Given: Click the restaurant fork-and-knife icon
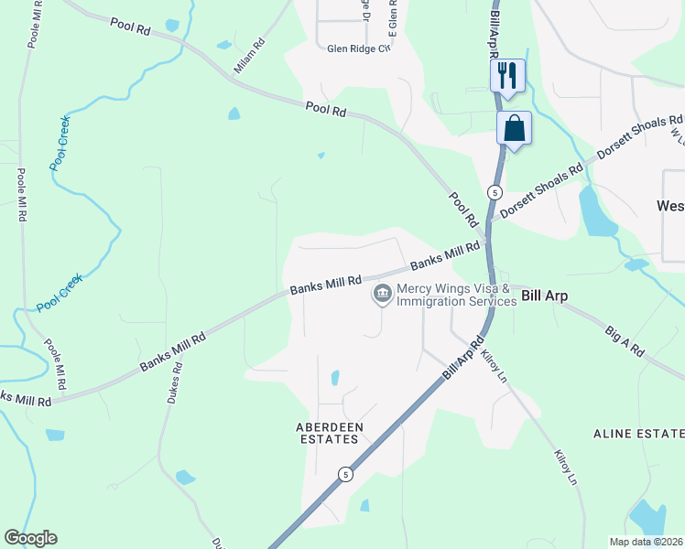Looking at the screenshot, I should click(508, 75).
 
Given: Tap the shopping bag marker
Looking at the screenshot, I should click(515, 128).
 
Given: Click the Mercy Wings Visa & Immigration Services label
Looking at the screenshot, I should click(456, 295).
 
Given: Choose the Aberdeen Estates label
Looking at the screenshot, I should click(329, 433).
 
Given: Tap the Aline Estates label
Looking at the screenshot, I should click(638, 433).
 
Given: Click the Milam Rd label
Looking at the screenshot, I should click(248, 55).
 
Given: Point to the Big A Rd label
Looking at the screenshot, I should click(625, 338).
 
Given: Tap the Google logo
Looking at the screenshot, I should click(30, 538).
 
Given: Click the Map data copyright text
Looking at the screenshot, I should click(646, 541).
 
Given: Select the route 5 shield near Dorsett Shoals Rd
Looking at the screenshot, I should click(495, 192).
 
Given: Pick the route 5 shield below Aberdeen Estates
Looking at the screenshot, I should click(345, 473).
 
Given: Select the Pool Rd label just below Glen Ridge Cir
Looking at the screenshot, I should click(326, 111).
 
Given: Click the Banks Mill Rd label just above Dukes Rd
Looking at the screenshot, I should click(172, 350).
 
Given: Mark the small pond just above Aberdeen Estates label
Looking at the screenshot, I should click(334, 378).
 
